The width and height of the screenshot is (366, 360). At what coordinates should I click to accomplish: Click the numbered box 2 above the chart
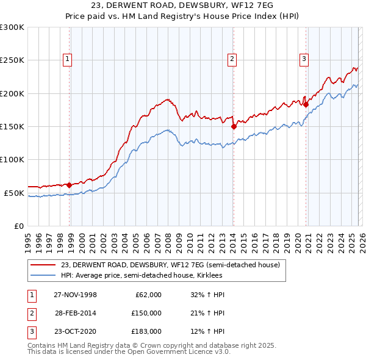click(x=232, y=59)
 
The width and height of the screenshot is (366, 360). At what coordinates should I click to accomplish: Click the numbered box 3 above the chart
click(x=304, y=59)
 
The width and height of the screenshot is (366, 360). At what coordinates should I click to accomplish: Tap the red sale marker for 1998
click(x=70, y=184)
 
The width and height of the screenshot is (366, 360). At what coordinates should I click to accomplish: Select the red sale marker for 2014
click(x=234, y=127)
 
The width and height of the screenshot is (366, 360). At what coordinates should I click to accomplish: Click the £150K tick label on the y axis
click(x=12, y=126)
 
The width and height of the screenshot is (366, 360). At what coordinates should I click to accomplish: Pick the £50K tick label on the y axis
click(x=14, y=193)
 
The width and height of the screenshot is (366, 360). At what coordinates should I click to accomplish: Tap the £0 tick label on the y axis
click(x=18, y=226)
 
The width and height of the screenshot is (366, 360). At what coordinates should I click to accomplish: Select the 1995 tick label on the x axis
click(x=28, y=238)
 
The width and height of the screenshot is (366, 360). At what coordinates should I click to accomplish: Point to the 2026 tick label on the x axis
click(x=361, y=238)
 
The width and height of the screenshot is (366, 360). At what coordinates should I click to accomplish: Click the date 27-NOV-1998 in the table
click(x=76, y=295)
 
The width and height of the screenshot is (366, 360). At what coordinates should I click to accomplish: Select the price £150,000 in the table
click(x=146, y=313)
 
